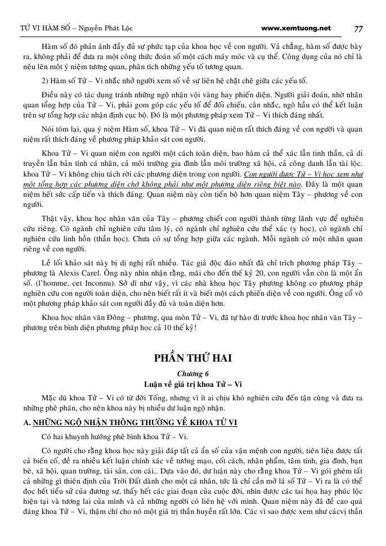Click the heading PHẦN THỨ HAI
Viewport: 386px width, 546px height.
pyautogui.click(x=193, y=358)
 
